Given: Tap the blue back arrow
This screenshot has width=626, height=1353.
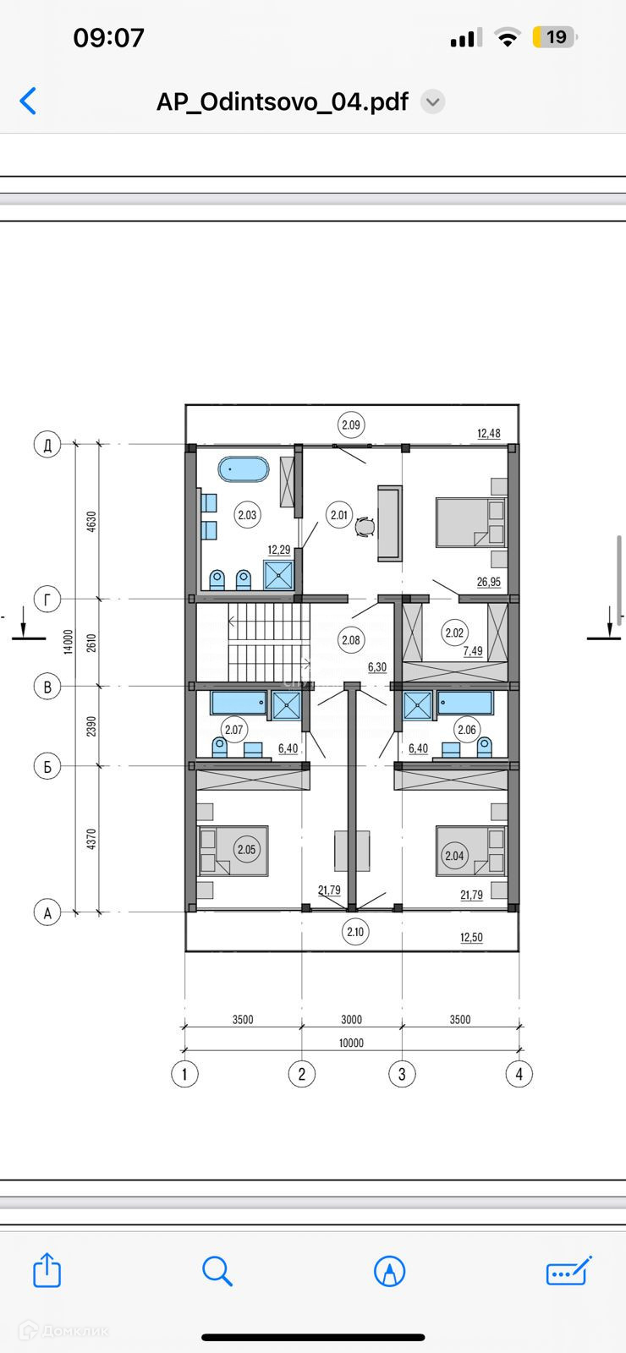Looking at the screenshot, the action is point(28,101).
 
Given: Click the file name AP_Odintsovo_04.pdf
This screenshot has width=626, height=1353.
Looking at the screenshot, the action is point(283,101).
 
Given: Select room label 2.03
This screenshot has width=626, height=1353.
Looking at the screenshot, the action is point(247,515).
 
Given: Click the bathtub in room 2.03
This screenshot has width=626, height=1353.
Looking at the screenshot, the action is point(244,469).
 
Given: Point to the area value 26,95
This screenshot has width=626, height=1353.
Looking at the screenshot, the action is point(488,582).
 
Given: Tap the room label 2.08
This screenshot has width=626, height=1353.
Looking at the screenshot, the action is point(351,640).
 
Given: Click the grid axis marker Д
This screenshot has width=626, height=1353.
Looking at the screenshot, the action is point(47,445).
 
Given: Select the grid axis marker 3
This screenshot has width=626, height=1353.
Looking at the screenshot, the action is point(402,1074).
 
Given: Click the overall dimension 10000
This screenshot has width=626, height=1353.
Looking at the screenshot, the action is point(351,1044).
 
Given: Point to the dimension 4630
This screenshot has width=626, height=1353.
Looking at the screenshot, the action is point(91,521).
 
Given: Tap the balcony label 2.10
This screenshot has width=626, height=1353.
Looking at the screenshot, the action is point(355,931).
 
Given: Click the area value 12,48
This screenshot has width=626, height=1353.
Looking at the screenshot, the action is point(488,433).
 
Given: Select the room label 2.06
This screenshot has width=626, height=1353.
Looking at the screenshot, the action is point(467,730).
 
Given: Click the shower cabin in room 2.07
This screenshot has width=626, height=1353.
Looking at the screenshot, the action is point(287,705).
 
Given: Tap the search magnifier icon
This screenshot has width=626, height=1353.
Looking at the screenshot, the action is point(217,1271).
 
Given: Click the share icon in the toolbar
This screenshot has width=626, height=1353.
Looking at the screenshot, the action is point(47,1269).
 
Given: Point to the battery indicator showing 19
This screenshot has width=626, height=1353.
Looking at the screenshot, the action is point(555,37).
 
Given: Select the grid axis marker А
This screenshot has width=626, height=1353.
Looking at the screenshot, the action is point(47,912).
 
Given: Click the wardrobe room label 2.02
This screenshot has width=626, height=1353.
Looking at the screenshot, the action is point(454,633).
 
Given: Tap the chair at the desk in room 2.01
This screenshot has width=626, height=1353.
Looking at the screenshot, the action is point(365,527).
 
